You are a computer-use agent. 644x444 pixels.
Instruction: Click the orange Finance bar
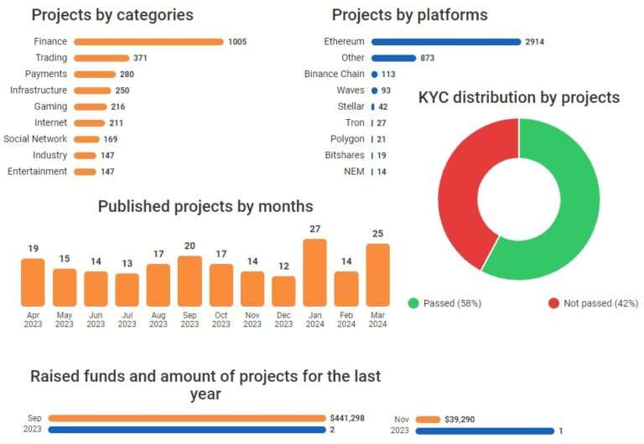(x=148, y=42)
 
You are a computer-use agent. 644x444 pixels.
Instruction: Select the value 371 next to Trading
(x=142, y=58)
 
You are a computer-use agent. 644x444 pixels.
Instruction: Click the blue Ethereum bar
(x=445, y=42)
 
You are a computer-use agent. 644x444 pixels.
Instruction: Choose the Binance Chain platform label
(x=335, y=75)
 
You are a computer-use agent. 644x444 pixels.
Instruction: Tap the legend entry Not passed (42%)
(x=595, y=302)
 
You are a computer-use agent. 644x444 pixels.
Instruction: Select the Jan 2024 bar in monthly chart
(x=314, y=272)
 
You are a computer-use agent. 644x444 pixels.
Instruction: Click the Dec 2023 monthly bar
(x=283, y=291)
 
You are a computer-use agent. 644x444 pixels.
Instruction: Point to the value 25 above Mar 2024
(x=377, y=233)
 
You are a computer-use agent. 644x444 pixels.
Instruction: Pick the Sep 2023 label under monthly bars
(x=190, y=319)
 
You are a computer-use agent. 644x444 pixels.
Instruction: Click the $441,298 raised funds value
(x=347, y=418)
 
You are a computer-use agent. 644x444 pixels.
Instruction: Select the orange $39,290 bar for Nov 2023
(x=428, y=420)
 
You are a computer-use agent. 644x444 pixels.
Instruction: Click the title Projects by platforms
(x=409, y=15)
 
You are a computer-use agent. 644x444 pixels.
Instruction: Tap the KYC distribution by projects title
(x=518, y=98)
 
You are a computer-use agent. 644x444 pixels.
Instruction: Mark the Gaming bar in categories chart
(x=90, y=107)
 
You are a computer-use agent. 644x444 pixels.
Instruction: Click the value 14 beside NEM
(x=381, y=172)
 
